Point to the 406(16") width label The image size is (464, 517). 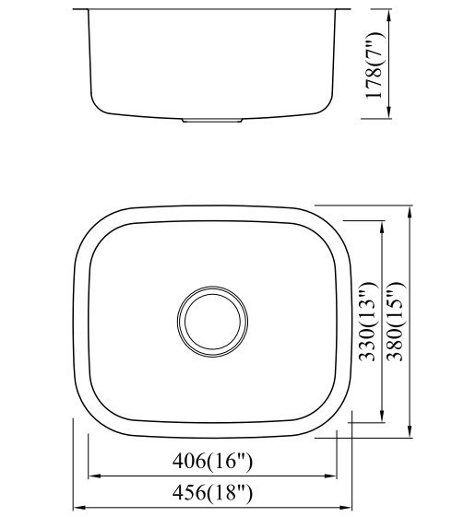tap(212, 459)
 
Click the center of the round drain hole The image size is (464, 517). tap(212, 322)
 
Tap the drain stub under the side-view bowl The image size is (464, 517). tap(213, 120)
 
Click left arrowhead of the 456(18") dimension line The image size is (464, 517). tap(77, 507)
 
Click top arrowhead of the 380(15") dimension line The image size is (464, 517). tap(409, 209)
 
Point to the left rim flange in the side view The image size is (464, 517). tap(80, 11)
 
